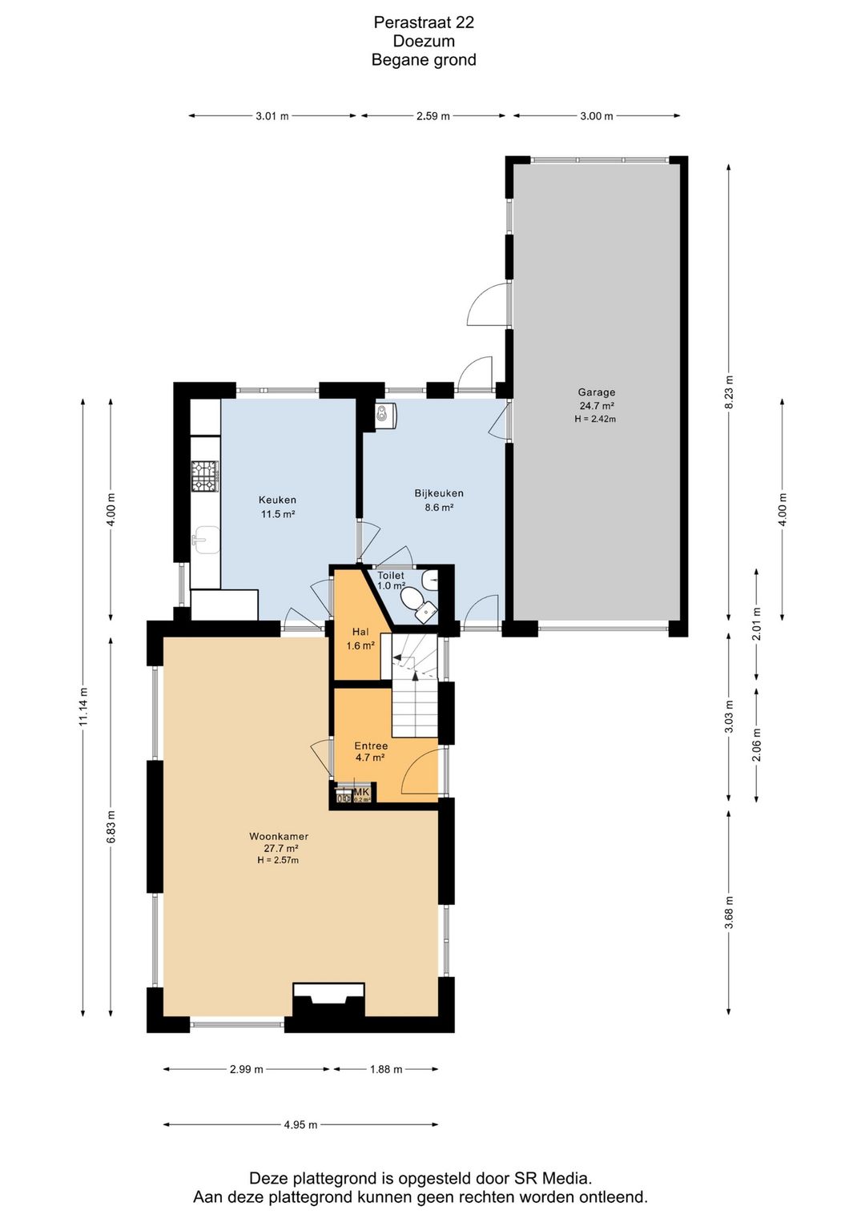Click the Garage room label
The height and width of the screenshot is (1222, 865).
click(x=597, y=392)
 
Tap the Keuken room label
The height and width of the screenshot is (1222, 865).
click(x=277, y=500)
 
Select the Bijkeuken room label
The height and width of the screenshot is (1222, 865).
click(x=439, y=493)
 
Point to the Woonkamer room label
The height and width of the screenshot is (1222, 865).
click(x=279, y=836)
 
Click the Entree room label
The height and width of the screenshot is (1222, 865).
click(x=371, y=746)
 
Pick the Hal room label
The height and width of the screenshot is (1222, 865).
click(x=360, y=632)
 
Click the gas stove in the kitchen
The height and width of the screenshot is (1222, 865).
click(x=204, y=476)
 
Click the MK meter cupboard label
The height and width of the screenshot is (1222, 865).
click(x=361, y=792)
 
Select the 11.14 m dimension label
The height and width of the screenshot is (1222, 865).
click(x=83, y=708)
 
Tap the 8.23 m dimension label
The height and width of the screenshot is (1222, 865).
click(x=729, y=392)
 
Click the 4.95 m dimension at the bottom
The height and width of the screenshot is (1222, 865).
click(x=300, y=1124)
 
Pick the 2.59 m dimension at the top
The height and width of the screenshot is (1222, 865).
click(x=432, y=116)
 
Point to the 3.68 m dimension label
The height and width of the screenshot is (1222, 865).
click(x=729, y=913)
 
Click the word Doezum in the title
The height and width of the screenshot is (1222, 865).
click(x=424, y=41)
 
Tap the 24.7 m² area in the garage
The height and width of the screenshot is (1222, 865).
click(x=597, y=406)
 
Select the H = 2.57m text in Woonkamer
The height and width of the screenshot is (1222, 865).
click(x=278, y=860)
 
